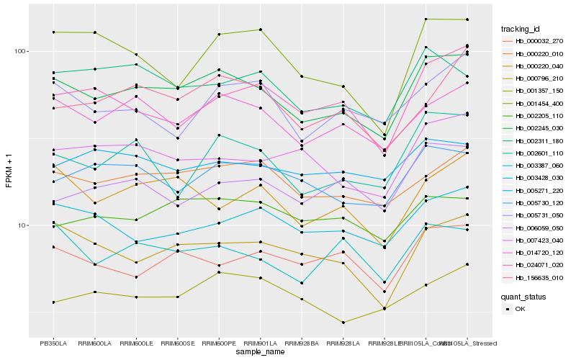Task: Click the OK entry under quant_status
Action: point(520,308)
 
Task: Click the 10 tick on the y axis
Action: point(22,225)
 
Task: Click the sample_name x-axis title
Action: point(260,353)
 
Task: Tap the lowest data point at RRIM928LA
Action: point(343,323)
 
